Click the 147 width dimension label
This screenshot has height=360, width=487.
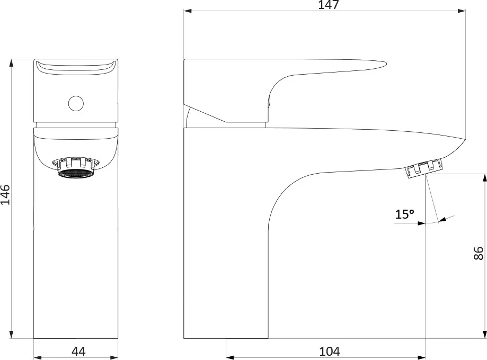click(329, 5)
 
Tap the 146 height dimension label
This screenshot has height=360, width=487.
click(5, 195)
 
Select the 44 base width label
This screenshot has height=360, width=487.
click(78, 352)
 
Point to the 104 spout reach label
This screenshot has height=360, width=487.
click(330, 352)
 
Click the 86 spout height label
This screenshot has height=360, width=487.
click(479, 253)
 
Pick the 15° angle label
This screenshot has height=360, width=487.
click(404, 214)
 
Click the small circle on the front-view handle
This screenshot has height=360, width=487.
click(76, 103)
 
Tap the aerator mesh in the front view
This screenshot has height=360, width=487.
click(75, 174)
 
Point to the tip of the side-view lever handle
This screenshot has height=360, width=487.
click(386, 64)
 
